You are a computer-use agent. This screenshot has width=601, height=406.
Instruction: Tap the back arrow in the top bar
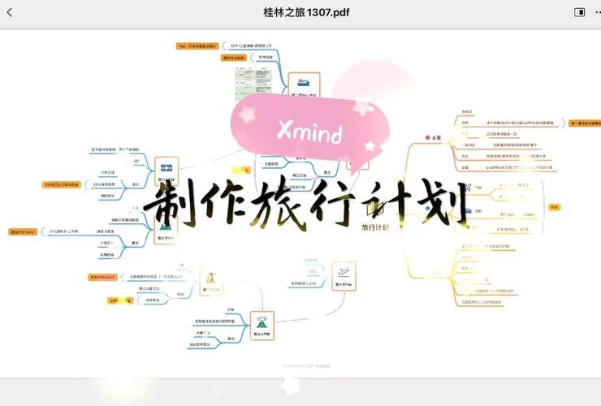pyautogui.click(x=10, y=12)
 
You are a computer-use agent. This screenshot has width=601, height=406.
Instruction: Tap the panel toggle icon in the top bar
pyautogui.click(x=580, y=12)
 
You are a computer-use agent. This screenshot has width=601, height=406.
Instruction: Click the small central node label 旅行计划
pyautogui.click(x=375, y=227)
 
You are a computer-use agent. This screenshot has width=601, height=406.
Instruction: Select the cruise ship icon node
pyautogui.click(x=303, y=84)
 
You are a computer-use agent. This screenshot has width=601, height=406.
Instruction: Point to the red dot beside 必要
pyautogui.click(x=426, y=138)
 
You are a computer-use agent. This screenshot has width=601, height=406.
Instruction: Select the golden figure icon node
pyautogui.click(x=210, y=281)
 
